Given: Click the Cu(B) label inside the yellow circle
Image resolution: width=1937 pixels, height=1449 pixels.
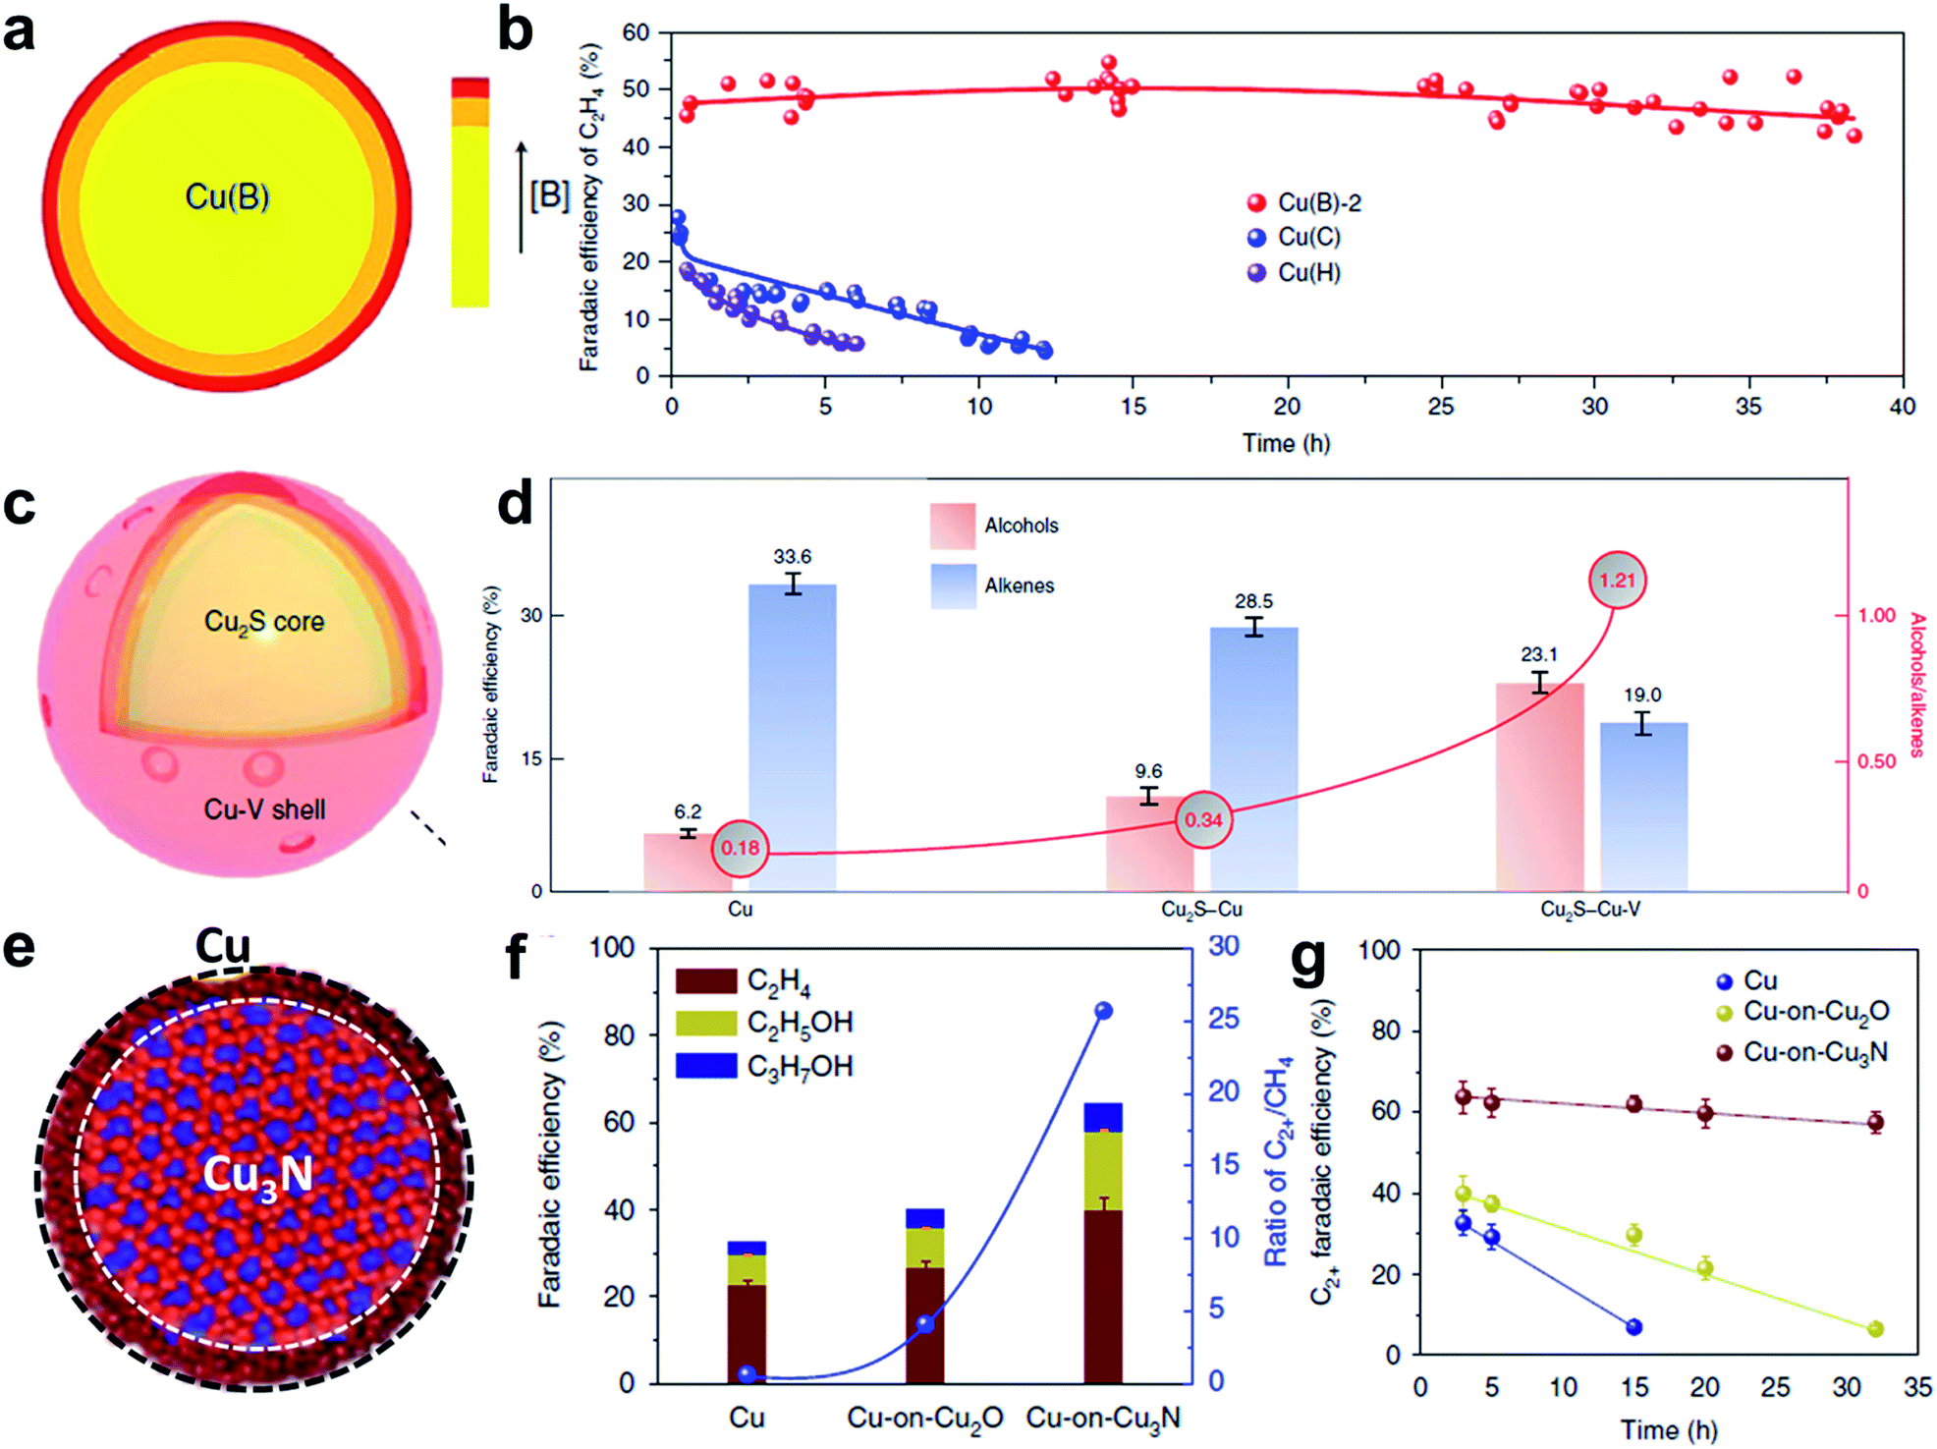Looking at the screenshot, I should tap(227, 197).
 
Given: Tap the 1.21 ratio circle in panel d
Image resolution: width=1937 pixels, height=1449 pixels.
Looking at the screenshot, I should tap(1617, 581).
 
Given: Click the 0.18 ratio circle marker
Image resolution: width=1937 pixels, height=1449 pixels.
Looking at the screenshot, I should tap(740, 848).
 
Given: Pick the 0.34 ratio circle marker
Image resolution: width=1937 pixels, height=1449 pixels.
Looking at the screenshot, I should tap(1203, 819).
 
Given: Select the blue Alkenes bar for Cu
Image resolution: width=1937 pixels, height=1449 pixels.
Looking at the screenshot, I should tap(792, 737).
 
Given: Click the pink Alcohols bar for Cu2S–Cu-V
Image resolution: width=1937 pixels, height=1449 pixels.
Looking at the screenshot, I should tap(1539, 786).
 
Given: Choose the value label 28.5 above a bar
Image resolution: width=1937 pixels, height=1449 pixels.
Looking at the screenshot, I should tap(1253, 601).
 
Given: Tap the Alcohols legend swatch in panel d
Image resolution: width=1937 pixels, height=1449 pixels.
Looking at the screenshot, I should tap(953, 526).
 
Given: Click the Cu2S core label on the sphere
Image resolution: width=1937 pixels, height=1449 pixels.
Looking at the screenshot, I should tap(263, 622).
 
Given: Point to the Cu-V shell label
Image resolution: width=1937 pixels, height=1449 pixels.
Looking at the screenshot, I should tap(264, 809).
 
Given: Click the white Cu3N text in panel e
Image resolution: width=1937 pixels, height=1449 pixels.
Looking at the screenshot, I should tap(257, 1175).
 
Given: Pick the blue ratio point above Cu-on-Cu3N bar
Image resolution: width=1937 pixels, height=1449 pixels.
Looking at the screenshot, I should tap(1103, 1011).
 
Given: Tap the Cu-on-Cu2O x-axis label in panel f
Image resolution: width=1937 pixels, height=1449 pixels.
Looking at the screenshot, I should tap(924, 1418).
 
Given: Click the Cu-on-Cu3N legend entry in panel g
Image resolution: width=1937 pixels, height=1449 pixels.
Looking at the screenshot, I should tap(1814, 1052).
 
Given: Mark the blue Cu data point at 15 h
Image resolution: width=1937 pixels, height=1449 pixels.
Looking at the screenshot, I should tap(1634, 1327).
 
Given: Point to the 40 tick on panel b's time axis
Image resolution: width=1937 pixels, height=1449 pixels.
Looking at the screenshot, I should tap(1902, 407).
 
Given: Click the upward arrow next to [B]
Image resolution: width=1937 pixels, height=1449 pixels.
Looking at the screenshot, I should tap(522, 196).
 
